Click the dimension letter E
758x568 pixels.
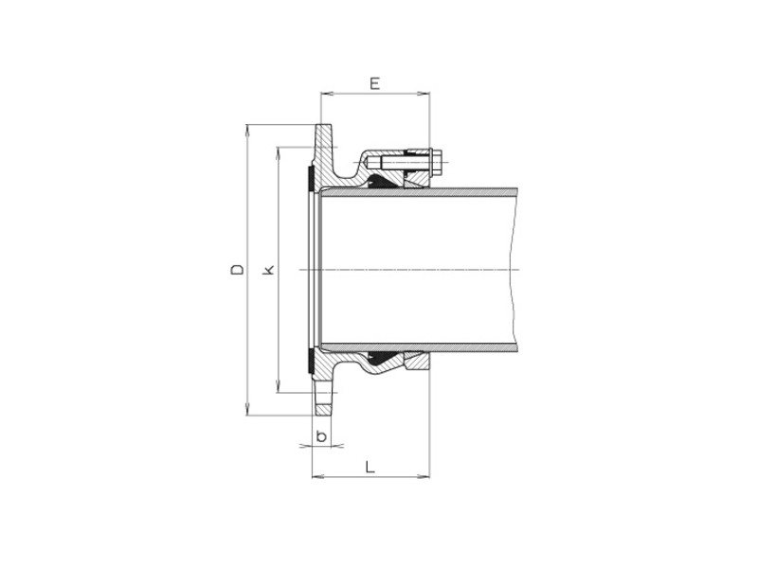point(374,83)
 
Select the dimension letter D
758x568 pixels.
point(238,270)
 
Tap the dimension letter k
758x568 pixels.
point(269,270)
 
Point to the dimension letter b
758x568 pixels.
point(322,436)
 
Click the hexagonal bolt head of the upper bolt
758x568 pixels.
point(433,162)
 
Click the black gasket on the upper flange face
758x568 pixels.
point(312,179)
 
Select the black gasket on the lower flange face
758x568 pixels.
point(312,361)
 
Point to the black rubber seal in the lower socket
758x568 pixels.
point(384,360)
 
